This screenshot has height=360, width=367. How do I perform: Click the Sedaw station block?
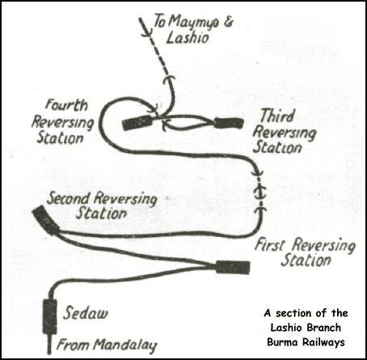pyautogui.click(x=49, y=316)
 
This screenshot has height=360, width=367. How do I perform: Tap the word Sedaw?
pyautogui.click(x=86, y=313)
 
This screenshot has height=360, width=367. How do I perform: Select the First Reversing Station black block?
pyautogui.click(x=233, y=267)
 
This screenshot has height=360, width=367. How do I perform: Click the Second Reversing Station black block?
pyautogui.click(x=45, y=220)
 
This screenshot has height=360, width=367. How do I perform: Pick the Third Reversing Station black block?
pyautogui.click(x=229, y=123)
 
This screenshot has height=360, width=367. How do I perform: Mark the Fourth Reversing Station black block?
pyautogui.click(x=137, y=122)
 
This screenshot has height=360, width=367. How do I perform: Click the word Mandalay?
pyautogui.click(x=126, y=345)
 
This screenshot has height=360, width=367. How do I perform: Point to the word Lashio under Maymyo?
pyautogui.click(x=188, y=37)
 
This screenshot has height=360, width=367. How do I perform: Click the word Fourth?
pyautogui.click(x=66, y=105)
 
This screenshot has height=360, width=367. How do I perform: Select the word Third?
pyautogui.click(x=277, y=116)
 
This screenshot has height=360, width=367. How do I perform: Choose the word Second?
pyautogui.click(x=68, y=198)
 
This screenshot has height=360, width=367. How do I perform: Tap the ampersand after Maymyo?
pyautogui.click(x=228, y=22)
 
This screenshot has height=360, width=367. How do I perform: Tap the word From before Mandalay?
pyautogui.click(x=74, y=345)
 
